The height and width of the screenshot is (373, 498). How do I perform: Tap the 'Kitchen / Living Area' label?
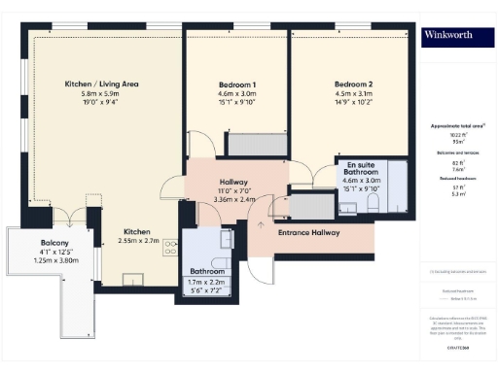[101, 85]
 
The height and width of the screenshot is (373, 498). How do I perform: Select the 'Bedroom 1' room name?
[237, 85]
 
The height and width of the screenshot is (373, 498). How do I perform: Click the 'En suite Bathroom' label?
[361, 169]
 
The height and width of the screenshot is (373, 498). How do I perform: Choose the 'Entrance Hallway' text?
[307, 233]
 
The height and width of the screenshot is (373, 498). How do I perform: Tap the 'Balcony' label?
[54, 242]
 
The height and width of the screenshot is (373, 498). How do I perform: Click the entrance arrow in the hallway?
[260, 225]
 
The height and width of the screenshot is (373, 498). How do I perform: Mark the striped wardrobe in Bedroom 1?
[255, 144]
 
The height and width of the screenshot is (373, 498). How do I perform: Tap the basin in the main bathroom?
[226, 239]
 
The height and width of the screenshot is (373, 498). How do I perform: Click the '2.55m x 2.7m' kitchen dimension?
[136, 242]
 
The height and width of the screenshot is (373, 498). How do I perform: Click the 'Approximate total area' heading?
[457, 126]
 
